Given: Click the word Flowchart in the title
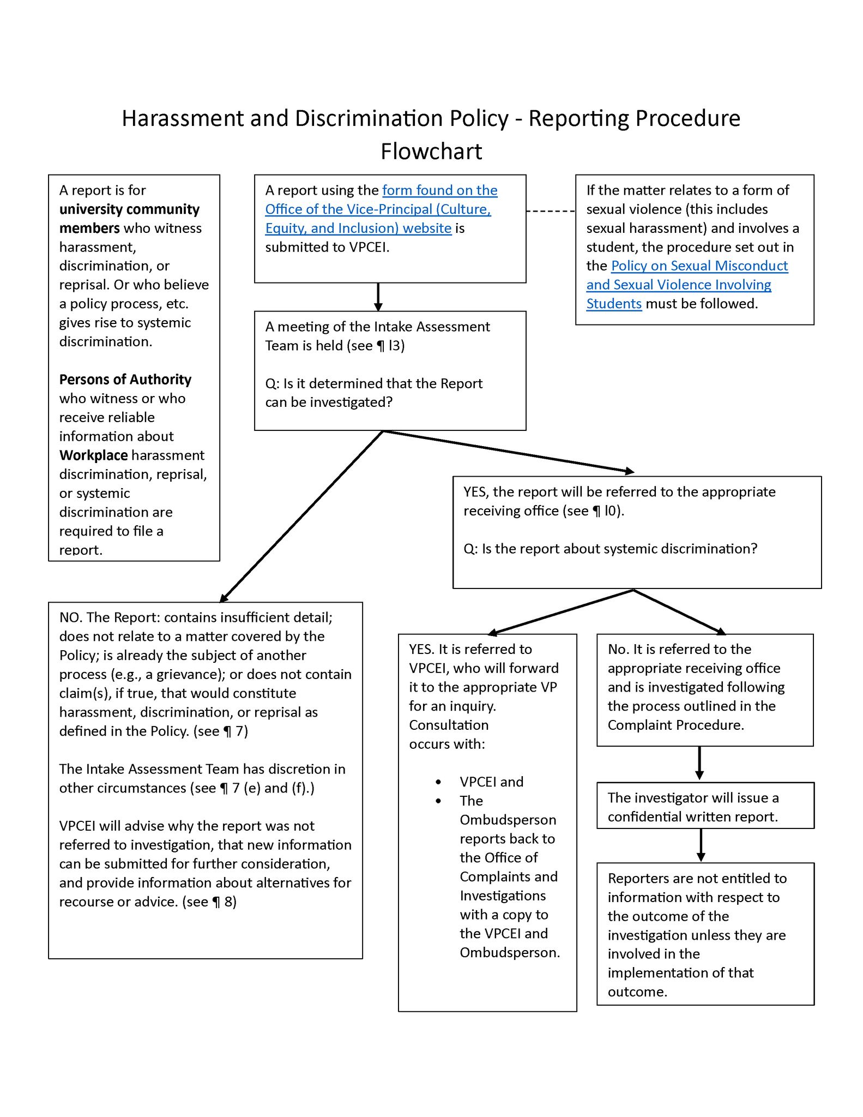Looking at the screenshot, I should (x=431, y=152).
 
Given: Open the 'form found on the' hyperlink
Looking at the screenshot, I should (x=439, y=190).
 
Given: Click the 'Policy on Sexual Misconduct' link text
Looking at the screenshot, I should (x=699, y=266).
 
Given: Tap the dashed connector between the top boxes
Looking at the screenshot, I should (x=551, y=211).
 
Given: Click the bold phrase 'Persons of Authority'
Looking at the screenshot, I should (x=125, y=380).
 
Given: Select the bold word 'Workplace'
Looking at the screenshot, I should (x=93, y=455).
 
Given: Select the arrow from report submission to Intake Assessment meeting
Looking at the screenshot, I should (x=378, y=297).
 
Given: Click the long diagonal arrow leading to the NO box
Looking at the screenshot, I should (x=303, y=516).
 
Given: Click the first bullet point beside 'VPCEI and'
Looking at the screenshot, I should (x=438, y=782).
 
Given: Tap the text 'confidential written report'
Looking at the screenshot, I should (x=692, y=817).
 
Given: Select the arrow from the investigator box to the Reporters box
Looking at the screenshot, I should (x=701, y=845).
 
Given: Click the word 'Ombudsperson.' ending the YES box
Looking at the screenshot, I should (x=509, y=953).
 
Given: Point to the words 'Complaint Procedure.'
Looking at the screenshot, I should (x=675, y=725).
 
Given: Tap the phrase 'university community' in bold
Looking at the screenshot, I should (x=129, y=209).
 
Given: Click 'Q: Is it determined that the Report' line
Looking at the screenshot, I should (x=373, y=384).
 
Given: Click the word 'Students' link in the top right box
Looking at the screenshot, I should (x=613, y=304).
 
